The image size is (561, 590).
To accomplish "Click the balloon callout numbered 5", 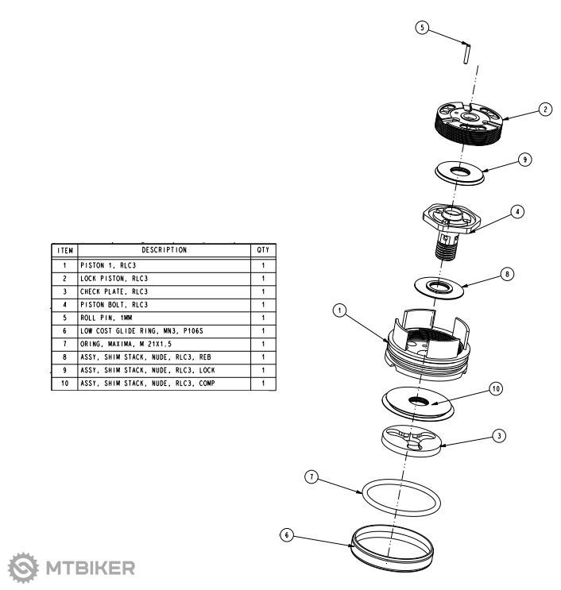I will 424,28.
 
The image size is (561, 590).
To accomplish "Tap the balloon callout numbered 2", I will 544,110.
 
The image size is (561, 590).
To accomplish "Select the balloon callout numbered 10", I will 497,389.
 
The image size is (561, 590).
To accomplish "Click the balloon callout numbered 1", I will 340,311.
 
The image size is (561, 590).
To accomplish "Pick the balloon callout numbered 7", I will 312,476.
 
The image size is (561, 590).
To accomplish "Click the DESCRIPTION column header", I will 164,249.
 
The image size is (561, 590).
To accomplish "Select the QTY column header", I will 263,249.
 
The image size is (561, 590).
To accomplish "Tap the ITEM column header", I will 65,249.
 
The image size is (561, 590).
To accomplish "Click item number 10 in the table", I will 65,383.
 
